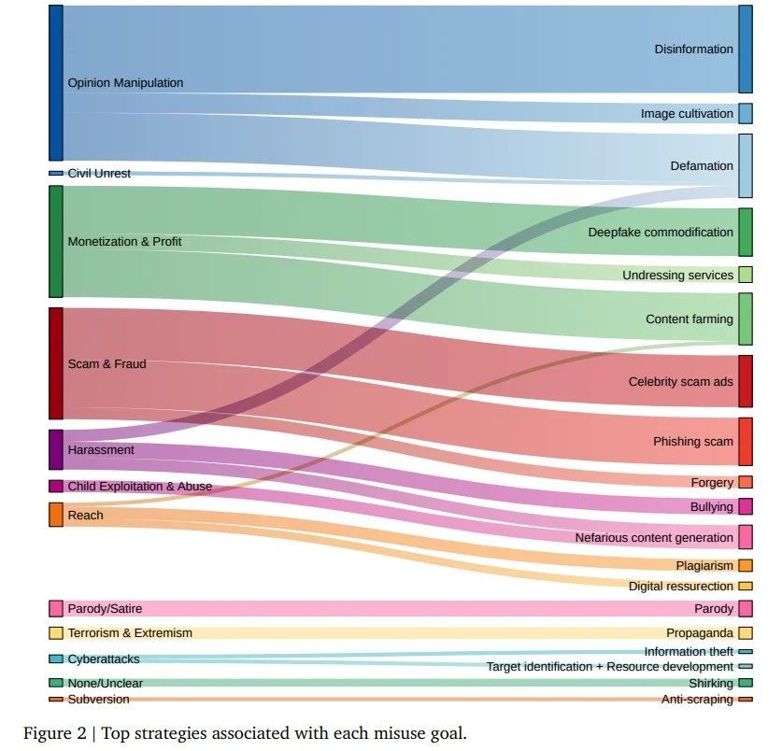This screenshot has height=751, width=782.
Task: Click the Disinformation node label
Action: coord(693,49)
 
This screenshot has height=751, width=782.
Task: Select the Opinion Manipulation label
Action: coord(125,83)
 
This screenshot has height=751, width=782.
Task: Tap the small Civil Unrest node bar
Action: coord(56,173)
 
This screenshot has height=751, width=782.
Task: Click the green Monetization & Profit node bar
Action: coord(56,241)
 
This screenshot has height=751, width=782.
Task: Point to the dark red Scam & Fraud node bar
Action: coord(56,363)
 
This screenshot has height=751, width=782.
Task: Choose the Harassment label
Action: coord(101,450)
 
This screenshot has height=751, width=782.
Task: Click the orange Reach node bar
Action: coord(56,515)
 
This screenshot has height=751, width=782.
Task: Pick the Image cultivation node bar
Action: coord(746,113)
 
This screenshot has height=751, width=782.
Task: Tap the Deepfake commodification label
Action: coord(661,233)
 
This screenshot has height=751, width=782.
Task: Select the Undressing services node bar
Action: coord(746,275)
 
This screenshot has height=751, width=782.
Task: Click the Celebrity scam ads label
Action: coord(680,382)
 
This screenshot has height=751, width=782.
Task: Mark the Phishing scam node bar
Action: coord(746,441)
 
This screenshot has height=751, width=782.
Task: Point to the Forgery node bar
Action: coord(746,482)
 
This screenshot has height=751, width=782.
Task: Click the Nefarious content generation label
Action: coord(654,538)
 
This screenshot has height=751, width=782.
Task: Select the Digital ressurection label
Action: coord(681,586)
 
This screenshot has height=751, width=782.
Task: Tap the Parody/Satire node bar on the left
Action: coord(56,608)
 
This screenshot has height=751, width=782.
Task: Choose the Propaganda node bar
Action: coord(746,632)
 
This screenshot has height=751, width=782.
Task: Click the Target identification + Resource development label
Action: coord(609,667)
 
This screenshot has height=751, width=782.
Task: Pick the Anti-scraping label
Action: coord(697,699)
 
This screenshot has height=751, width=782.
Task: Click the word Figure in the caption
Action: coord(48,733)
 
